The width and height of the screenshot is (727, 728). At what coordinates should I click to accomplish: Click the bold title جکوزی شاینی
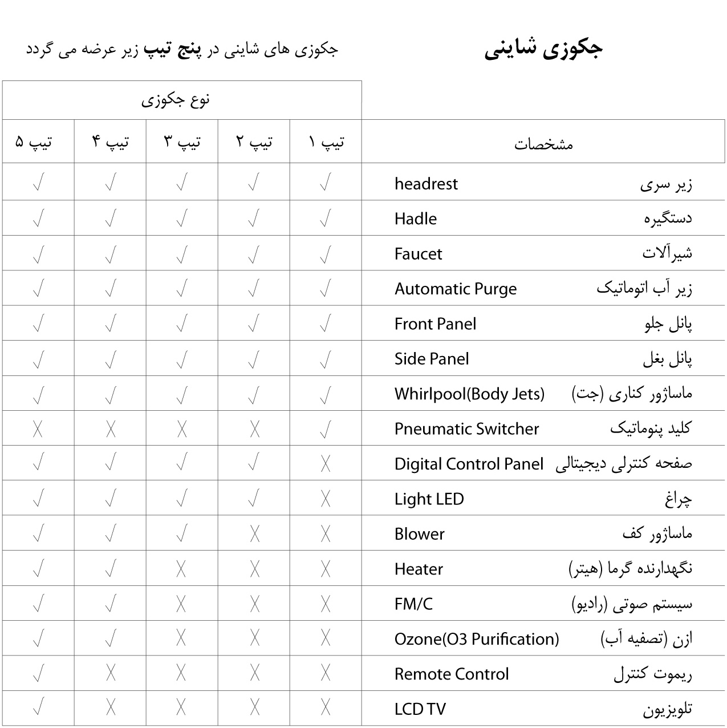pyautogui.click(x=543, y=49)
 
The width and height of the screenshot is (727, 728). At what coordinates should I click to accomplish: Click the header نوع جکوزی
pyautogui.click(x=176, y=100)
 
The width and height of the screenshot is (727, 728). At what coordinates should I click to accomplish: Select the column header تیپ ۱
pyautogui.click(x=326, y=141)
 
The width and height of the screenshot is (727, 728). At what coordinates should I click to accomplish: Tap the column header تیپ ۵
pyautogui.click(x=34, y=141)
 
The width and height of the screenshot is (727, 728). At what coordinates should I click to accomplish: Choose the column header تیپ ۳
pyautogui.click(x=182, y=141)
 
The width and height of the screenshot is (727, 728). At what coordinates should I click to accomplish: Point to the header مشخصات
pyautogui.click(x=543, y=144)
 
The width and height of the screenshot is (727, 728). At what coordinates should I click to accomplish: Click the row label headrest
pyautogui.click(x=426, y=184)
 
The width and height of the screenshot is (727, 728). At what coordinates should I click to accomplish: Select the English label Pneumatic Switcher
pyautogui.click(x=466, y=429)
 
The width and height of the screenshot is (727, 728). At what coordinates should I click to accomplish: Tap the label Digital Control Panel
pyautogui.click(x=469, y=464)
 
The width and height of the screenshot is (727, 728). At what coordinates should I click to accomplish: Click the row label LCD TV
pyautogui.click(x=420, y=709)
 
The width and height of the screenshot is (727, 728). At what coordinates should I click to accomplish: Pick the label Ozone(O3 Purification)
pyautogui.click(x=477, y=639)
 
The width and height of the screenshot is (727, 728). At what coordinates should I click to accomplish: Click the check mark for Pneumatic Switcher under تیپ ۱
pyautogui.click(x=326, y=429)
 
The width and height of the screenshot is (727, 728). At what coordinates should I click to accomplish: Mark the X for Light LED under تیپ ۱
pyautogui.click(x=326, y=499)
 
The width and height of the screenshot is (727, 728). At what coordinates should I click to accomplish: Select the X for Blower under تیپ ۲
pyautogui.click(x=254, y=534)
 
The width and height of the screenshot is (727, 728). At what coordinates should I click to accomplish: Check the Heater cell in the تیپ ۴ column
pyautogui.click(x=111, y=569)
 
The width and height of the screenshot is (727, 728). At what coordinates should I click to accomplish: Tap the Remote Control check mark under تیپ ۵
pyautogui.click(x=39, y=674)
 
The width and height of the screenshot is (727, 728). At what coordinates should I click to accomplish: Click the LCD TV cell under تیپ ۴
pyautogui.click(x=111, y=709)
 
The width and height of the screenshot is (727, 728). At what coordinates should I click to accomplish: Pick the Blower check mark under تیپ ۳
pyautogui.click(x=182, y=534)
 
